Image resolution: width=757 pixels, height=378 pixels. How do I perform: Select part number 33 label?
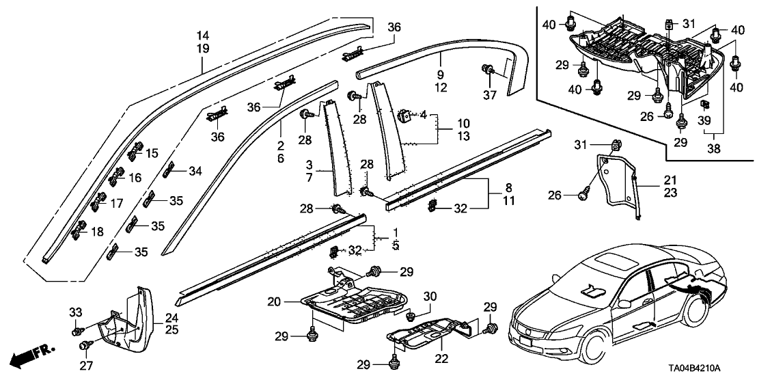pos(77,312)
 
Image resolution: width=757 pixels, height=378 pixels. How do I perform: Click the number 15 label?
pos(150,152)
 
